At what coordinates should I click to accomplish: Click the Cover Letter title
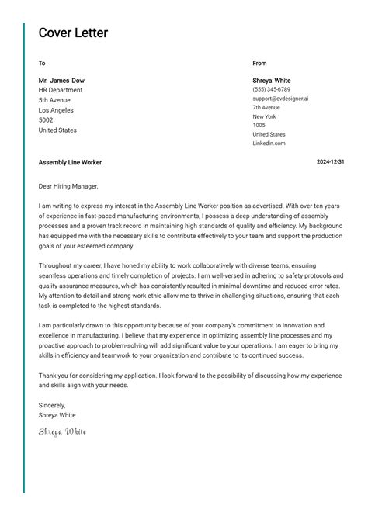tap(73, 33)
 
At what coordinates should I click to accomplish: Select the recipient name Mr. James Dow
tap(61, 81)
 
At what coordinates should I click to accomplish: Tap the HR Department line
tap(61, 90)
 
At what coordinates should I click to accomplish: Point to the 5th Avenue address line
tap(54, 100)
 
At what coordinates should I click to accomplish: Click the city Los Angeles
tap(56, 110)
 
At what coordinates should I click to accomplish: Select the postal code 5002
tap(46, 120)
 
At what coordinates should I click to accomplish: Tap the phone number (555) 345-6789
tap(271, 90)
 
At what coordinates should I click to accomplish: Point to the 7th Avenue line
tap(266, 108)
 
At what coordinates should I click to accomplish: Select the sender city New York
tap(264, 116)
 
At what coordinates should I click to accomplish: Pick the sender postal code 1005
tap(259, 126)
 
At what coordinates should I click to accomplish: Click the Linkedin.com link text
tap(269, 144)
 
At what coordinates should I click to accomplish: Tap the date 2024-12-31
tap(331, 162)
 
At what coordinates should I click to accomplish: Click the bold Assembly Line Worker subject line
tap(70, 162)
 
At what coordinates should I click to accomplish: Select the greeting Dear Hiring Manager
tap(68, 186)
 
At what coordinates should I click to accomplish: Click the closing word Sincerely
tap(52, 405)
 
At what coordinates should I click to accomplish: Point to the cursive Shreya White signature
tap(62, 431)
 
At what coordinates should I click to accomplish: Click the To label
tap(42, 64)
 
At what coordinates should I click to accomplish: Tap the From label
tap(259, 64)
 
